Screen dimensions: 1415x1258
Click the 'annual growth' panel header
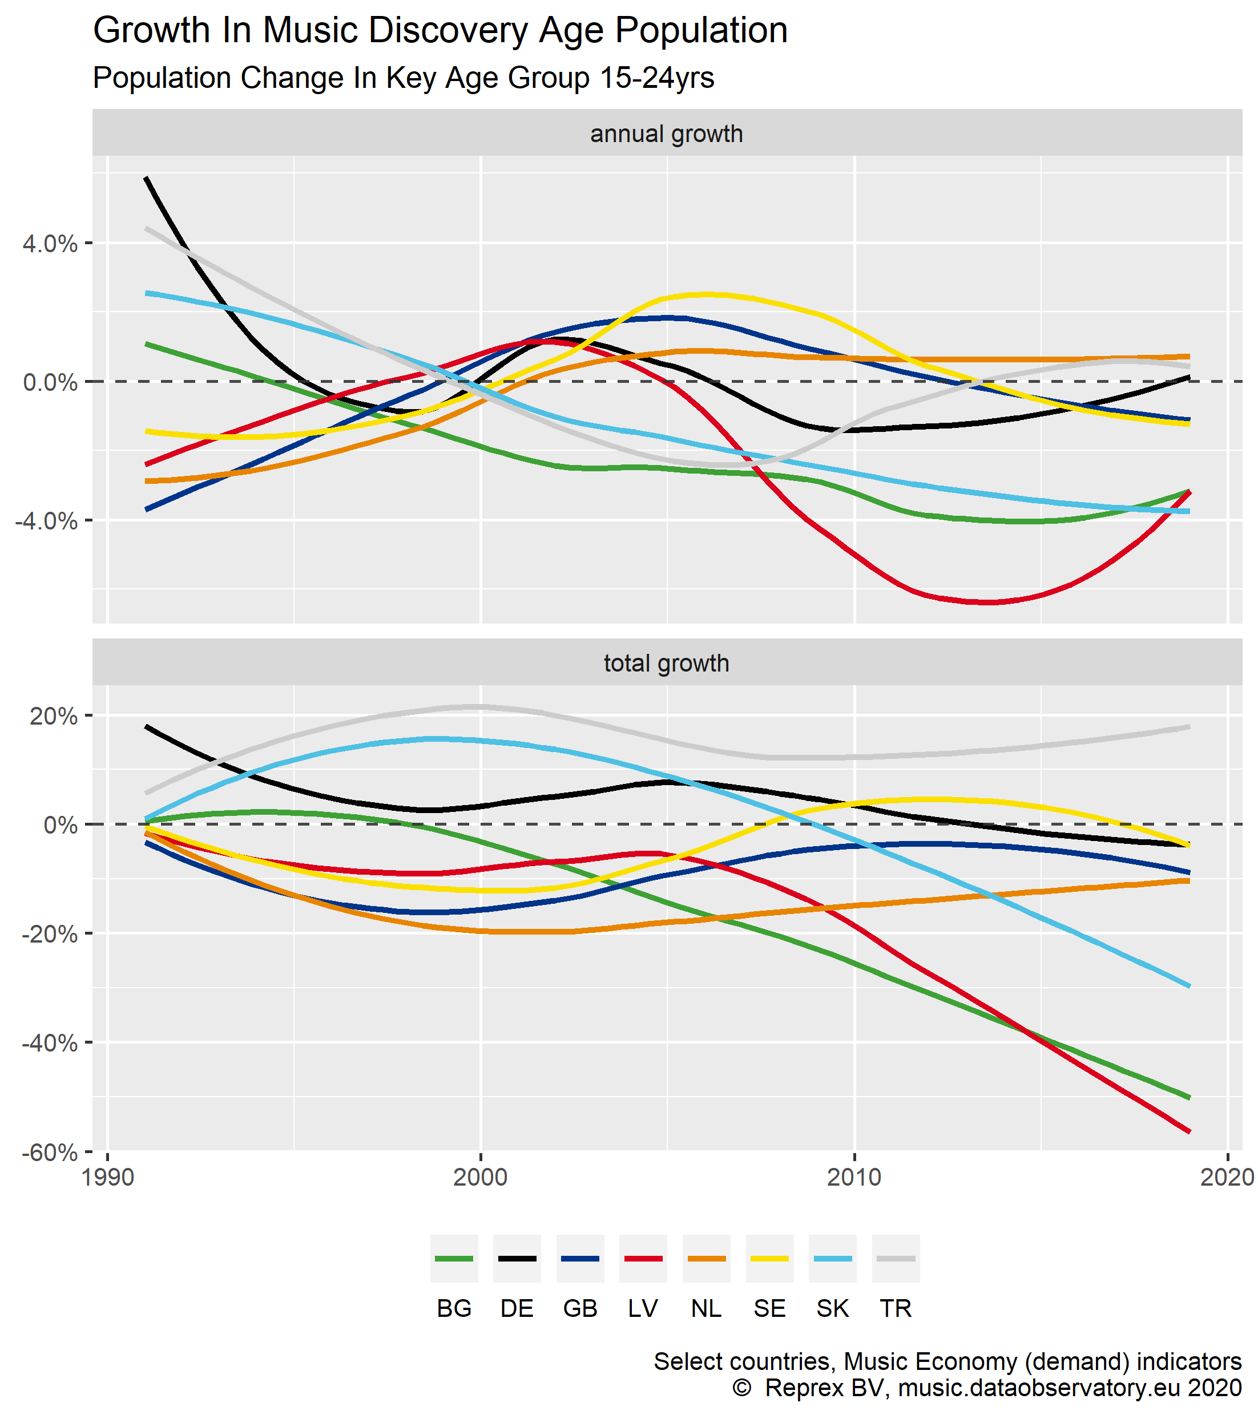(666, 134)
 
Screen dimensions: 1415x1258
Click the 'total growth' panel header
(666, 663)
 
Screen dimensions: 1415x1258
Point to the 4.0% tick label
(50, 244)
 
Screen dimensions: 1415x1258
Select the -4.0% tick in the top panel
(46, 520)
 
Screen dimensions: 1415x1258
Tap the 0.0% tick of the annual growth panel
(50, 382)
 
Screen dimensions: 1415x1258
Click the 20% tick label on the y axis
(53, 717)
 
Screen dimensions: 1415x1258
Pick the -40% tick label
(50, 1043)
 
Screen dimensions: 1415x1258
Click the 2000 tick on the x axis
(481, 1178)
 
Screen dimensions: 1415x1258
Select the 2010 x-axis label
(854, 1178)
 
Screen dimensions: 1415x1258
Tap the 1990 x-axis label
(107, 1178)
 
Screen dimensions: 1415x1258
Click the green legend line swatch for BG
(454, 1259)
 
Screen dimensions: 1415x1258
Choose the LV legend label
(643, 1309)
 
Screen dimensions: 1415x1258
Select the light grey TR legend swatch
(896, 1259)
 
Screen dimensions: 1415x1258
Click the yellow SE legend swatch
(769, 1259)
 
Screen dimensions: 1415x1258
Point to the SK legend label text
(832, 1309)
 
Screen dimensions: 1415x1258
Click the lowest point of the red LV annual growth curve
(990, 603)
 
